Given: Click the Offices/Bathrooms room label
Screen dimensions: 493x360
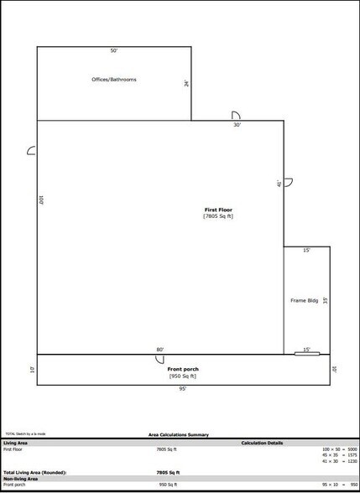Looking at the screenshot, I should click(x=113, y=80).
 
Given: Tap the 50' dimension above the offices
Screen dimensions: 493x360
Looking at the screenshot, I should click(x=113, y=51).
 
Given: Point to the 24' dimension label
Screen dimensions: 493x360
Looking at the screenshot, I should click(x=186, y=84).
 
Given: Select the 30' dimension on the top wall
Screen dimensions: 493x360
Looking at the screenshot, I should click(x=237, y=125).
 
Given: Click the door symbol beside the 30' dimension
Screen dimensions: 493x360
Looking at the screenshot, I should click(x=237, y=116).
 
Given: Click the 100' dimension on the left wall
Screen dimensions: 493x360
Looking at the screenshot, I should click(x=41, y=201).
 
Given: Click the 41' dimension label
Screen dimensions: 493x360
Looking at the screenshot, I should click(x=279, y=183).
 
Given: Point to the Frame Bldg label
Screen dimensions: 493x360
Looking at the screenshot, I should click(x=303, y=299).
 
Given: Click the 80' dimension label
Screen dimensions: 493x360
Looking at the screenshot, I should click(x=159, y=350).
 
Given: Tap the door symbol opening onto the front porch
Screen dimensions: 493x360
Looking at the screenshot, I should click(x=159, y=360).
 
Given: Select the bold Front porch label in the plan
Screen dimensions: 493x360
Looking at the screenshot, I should click(x=183, y=369).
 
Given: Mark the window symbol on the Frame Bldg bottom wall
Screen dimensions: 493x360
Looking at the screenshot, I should click(x=307, y=354).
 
